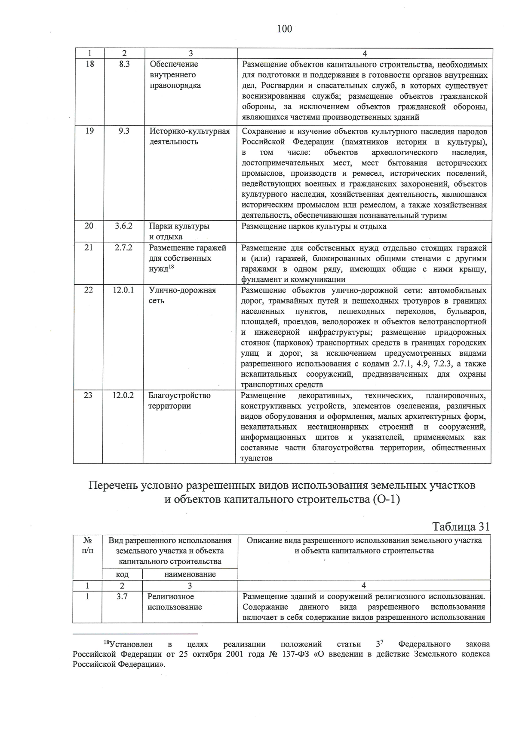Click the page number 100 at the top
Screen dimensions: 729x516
pyautogui.click(x=284, y=29)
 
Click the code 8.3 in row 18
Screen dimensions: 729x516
pyautogui.click(x=124, y=64)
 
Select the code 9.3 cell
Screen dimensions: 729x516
pyautogui.click(x=124, y=131)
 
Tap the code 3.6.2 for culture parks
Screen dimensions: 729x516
pyautogui.click(x=123, y=226)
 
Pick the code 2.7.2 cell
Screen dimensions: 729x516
pyautogui.click(x=123, y=248)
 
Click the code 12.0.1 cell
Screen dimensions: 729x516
pyautogui.click(x=123, y=290)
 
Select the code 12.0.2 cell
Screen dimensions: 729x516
pyautogui.click(x=123, y=395)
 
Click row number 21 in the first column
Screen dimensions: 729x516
pyautogui.click(x=88, y=248)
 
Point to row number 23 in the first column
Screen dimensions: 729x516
pyautogui.click(x=88, y=395)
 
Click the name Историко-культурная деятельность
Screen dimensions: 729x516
pyautogui.click(x=189, y=136)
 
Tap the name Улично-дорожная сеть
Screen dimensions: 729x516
pyautogui.click(x=182, y=295)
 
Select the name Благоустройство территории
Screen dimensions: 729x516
pyautogui.click(x=179, y=400)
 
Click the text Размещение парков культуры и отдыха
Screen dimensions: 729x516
pyautogui.click(x=314, y=226)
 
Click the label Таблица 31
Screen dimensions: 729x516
pyautogui.click(x=461, y=527)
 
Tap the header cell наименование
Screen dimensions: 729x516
pyautogui.click(x=190, y=574)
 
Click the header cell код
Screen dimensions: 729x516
pyautogui.click(x=123, y=574)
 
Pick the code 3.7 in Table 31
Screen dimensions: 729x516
pyautogui.click(x=122, y=596)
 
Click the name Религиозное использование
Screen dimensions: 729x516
pyautogui.click(x=175, y=601)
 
